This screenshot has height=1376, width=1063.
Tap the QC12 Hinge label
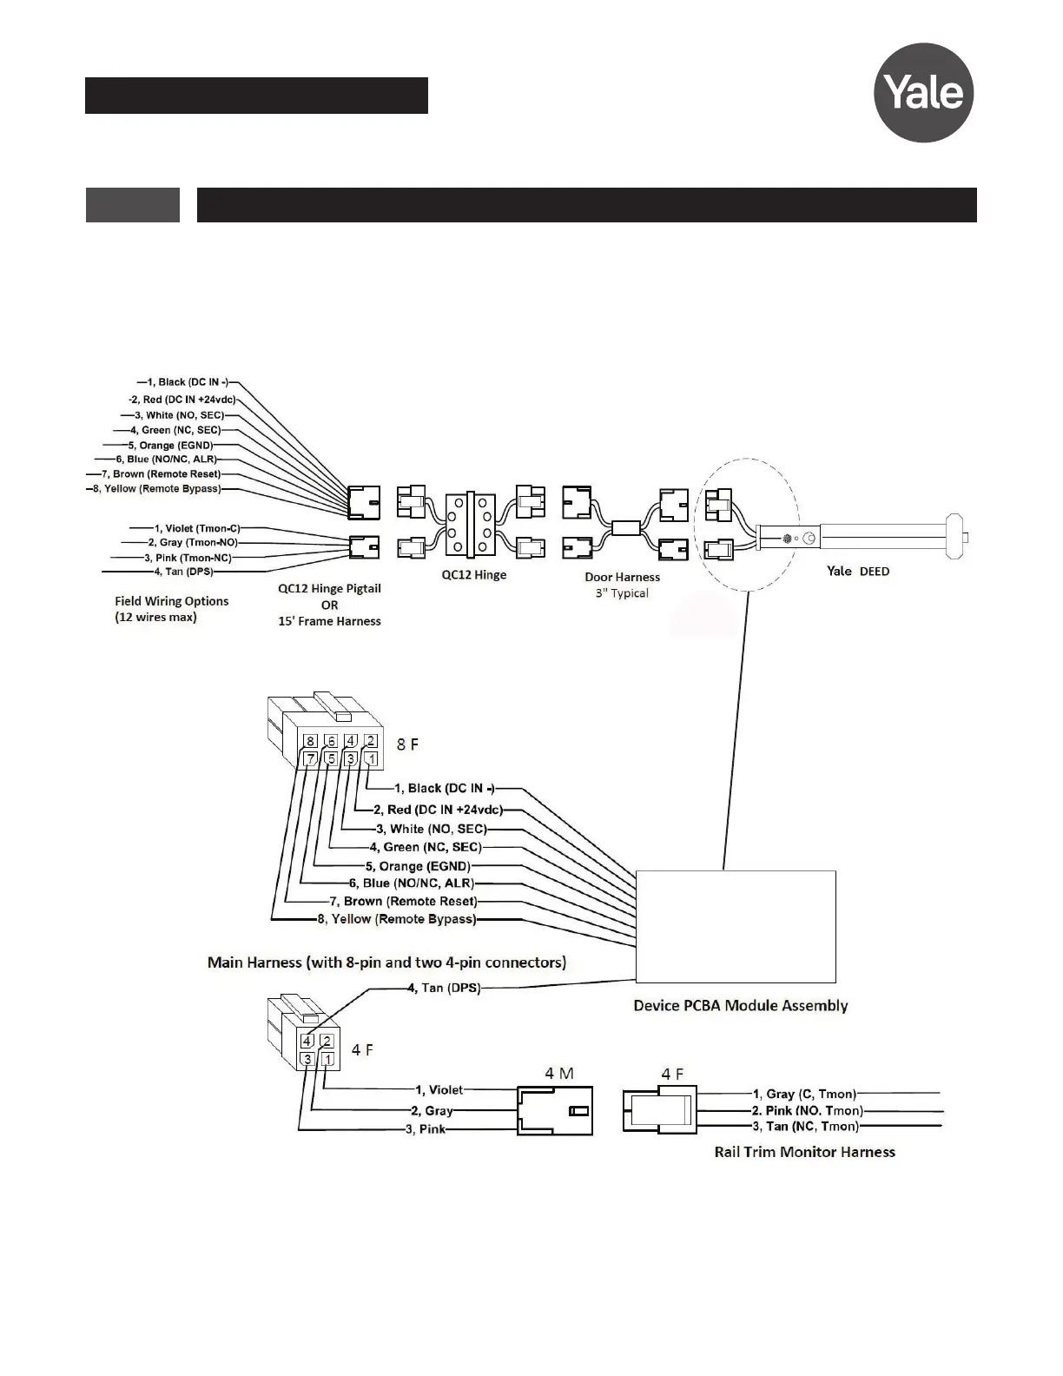pos(473,575)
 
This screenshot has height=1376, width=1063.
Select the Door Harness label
pos(622,577)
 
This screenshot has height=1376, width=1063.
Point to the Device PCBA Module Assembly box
pos(736,925)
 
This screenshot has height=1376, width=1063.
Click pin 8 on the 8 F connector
pos(311,741)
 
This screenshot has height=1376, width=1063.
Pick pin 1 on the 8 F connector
pos(371,758)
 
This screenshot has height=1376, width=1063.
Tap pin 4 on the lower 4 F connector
pos(307,1041)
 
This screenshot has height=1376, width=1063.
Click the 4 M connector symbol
pos(555,1110)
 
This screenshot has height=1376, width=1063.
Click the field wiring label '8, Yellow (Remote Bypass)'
pos(157,489)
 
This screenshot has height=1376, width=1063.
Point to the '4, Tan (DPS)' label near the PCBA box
pos(444,988)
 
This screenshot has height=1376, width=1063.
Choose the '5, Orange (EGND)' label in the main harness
pos(418,866)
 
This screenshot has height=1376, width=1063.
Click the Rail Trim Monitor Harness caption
pos(804,1152)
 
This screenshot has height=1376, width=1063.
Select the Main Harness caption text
pos(386,963)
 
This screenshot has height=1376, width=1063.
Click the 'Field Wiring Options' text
pos(172,601)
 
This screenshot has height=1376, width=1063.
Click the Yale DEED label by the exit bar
pos(857,572)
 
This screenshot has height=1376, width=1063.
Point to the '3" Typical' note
pos(622,593)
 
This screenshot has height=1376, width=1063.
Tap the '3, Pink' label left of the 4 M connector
pos(426,1129)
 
